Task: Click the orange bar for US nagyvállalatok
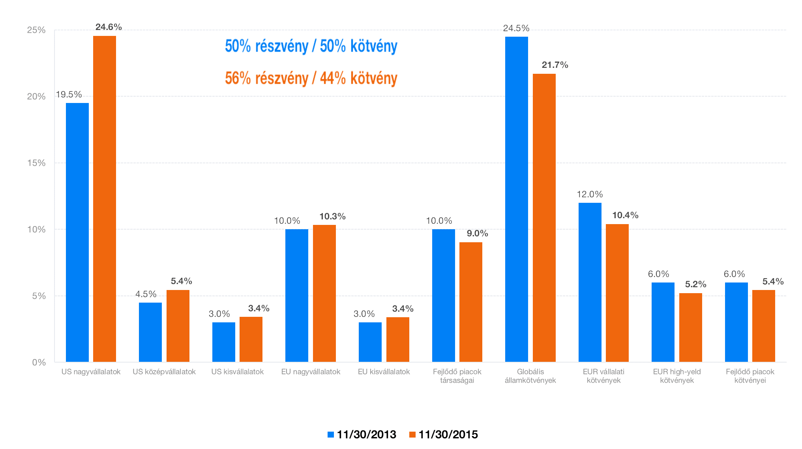click(x=105, y=199)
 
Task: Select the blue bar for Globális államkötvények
click(x=516, y=199)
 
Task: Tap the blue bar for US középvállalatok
click(x=150, y=332)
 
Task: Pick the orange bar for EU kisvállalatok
click(x=397, y=339)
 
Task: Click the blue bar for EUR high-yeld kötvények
click(x=663, y=322)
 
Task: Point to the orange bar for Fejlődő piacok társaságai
click(x=471, y=302)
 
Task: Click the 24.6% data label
click(x=109, y=27)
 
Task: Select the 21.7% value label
click(x=555, y=65)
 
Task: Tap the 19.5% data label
click(x=69, y=95)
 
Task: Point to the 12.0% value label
click(x=590, y=195)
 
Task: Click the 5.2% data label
click(x=695, y=284)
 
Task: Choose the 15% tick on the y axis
click(x=36, y=163)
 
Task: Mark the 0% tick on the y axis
click(x=39, y=363)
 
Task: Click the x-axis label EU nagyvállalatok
click(x=311, y=372)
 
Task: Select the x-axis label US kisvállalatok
click(x=237, y=372)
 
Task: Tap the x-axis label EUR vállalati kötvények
click(x=603, y=376)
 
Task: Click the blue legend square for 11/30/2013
click(x=331, y=434)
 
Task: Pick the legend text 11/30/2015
click(x=448, y=434)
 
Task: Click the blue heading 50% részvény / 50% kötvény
click(x=311, y=46)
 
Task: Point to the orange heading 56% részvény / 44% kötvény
click(x=311, y=78)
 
